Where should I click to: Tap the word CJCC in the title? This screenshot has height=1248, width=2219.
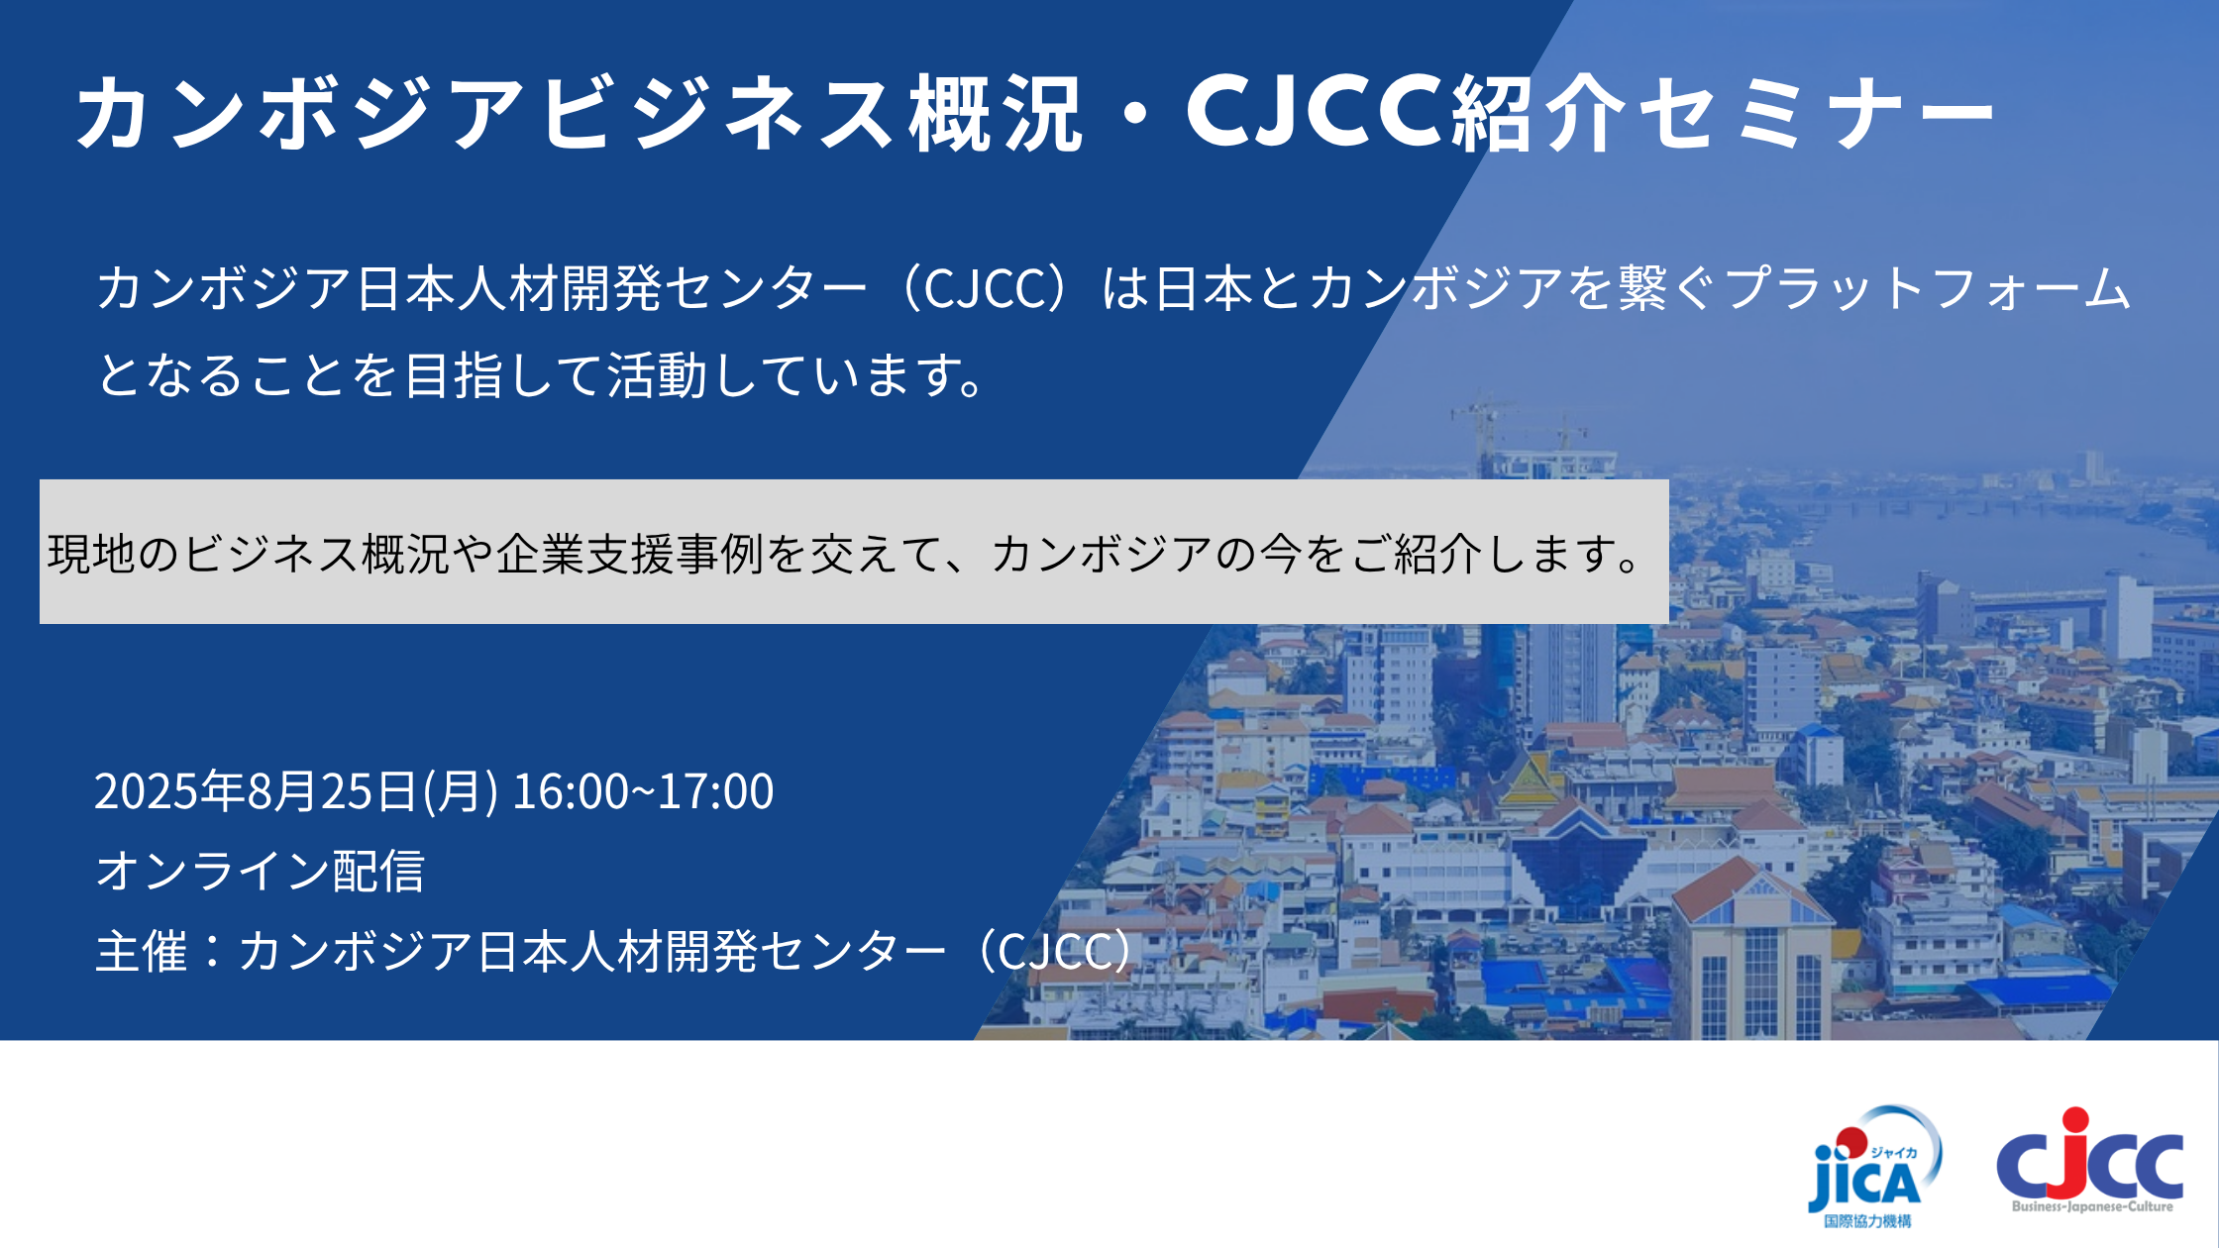tap(1317, 111)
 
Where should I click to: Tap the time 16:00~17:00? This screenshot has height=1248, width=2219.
tap(643, 791)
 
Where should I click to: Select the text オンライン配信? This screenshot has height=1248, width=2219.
tap(260, 872)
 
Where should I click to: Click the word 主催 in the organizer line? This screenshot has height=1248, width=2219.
tap(141, 952)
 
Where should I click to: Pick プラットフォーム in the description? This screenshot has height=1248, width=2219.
tap(1927, 289)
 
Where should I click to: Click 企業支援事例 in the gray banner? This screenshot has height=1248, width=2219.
tap(630, 554)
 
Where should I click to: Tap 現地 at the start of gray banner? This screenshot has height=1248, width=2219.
tap(91, 554)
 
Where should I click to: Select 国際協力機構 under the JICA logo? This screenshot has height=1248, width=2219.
tap(1867, 1221)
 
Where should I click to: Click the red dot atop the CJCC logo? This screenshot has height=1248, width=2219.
tap(2075, 1120)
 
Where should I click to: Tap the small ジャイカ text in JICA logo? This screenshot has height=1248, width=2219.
tap(1893, 1152)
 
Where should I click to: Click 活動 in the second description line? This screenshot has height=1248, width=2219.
tap(658, 375)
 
